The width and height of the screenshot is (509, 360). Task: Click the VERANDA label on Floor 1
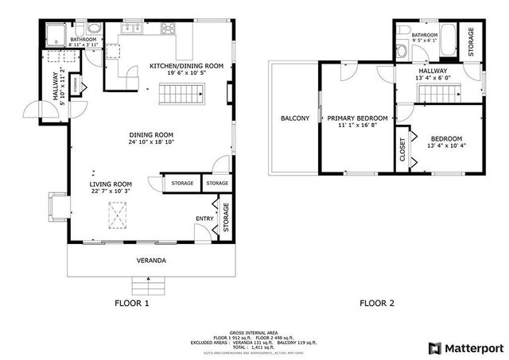pos(148,261)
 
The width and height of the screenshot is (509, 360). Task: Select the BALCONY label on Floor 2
pos(295,118)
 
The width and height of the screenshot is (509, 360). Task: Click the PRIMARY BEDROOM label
pos(357,118)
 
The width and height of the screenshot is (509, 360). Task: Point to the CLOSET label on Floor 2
pos(402,149)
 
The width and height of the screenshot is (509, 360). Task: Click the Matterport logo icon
pos(433,347)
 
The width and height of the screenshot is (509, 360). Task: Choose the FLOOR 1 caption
pos(131,303)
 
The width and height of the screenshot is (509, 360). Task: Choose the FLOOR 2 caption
pos(377,303)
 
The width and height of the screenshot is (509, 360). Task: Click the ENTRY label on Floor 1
pos(204,219)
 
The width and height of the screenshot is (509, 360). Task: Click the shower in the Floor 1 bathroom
pos(57,35)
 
